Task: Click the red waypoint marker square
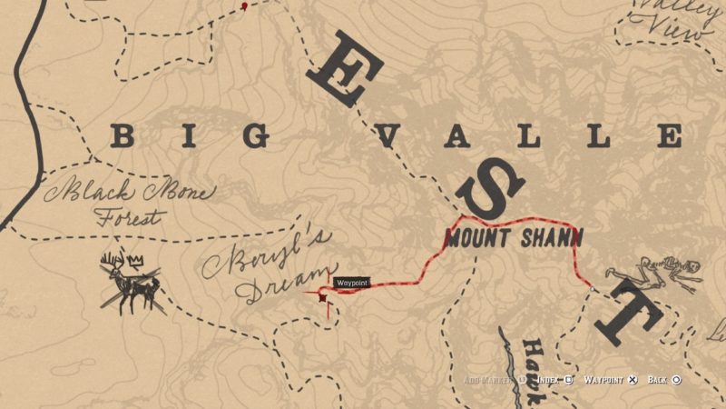tap(322, 296)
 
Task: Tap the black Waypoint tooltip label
tap(352, 284)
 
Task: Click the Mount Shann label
tap(514, 238)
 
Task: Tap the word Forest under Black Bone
tap(132, 218)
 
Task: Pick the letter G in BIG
tap(257, 137)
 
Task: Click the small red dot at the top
tap(244, 6)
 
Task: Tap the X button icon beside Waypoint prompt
tap(633, 379)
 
